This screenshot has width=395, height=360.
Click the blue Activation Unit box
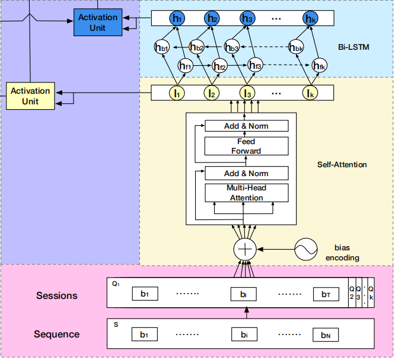click(x=98, y=23)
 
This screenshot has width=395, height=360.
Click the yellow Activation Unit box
click(x=30, y=96)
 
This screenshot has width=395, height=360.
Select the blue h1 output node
click(x=177, y=19)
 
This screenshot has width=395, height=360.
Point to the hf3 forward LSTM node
click(x=256, y=65)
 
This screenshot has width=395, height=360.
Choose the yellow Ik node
click(x=310, y=93)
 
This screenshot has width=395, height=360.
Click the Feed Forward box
click(x=246, y=146)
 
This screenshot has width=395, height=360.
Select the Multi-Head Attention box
click(x=246, y=193)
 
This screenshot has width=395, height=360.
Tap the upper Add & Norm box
click(x=246, y=126)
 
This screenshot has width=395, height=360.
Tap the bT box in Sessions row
click(x=326, y=294)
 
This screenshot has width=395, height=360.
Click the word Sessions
click(x=58, y=295)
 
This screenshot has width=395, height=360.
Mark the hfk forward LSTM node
click(x=320, y=65)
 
